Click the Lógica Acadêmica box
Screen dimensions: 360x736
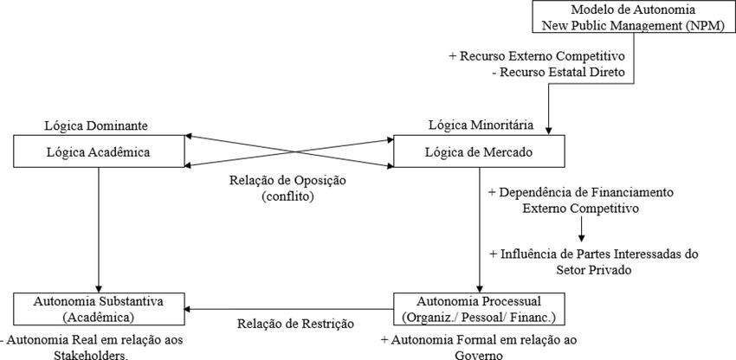100,152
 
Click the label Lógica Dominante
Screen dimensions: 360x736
95,125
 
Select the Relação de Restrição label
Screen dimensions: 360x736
296,324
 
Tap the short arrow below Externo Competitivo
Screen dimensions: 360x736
582,228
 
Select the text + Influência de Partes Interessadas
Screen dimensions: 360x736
592,254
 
